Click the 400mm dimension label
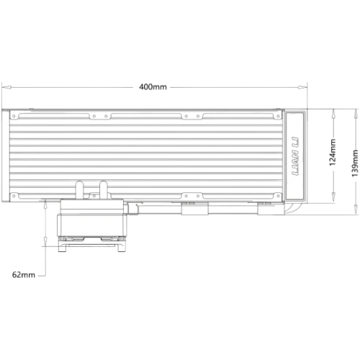coord(153,86)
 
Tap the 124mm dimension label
coord(333,152)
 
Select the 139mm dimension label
coord(355,163)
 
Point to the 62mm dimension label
coord(24,274)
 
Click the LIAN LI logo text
coord(295,156)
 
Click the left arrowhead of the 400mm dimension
coord(6,88)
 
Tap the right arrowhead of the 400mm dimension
coord(302,88)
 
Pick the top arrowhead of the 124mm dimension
coord(333,113)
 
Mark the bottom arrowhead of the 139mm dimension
coord(356,210)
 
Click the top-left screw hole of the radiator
coord(14,116)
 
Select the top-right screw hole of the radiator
coord(278,116)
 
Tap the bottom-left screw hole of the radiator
coord(14,196)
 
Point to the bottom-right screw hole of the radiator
coord(278,196)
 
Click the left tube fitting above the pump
coord(79,190)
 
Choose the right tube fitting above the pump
coord(104,190)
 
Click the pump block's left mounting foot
coord(63,247)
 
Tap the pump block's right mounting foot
coord(121,247)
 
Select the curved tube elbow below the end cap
coord(291,208)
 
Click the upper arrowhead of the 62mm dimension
coord(45,204)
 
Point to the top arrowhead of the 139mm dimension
coord(356,113)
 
